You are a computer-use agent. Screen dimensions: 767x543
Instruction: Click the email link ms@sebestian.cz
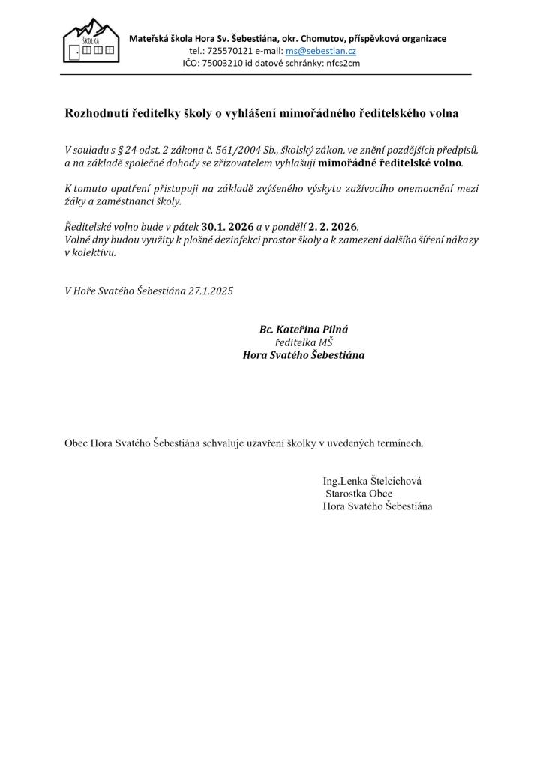(321, 51)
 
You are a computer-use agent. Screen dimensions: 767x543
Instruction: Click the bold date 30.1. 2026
(228, 226)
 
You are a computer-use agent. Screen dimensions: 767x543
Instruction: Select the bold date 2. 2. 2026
(333, 226)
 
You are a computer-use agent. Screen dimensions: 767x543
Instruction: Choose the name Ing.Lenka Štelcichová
(376, 481)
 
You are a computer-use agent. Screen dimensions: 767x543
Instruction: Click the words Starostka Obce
(358, 494)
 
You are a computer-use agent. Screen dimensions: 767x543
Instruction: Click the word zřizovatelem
(243, 163)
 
